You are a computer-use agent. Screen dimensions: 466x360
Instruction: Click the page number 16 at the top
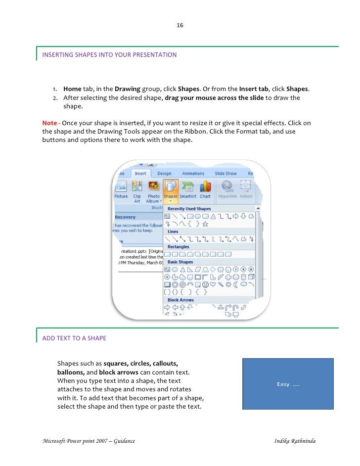180,25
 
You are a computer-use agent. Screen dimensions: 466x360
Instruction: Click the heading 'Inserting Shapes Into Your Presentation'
109,55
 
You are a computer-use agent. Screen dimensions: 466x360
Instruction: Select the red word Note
49,122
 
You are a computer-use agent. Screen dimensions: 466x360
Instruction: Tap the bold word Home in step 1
72,89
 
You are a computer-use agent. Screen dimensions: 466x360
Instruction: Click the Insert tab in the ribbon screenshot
140,174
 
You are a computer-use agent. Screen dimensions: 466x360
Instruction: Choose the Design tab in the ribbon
164,174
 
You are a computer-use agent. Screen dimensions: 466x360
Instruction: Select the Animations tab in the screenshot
193,174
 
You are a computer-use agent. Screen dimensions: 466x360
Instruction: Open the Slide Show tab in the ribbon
225,174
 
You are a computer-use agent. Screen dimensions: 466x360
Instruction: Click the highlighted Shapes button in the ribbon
171,190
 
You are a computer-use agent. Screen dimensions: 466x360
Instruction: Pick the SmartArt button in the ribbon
188,190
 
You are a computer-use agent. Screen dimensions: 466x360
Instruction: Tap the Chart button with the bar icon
205,190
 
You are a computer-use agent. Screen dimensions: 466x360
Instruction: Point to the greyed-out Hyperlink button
228,190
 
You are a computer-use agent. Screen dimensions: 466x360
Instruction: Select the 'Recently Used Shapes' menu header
189,209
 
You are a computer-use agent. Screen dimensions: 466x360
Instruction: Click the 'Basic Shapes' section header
180,262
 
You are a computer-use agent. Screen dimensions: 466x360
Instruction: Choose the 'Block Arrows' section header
180,300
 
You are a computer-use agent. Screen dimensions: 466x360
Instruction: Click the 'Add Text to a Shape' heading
74,338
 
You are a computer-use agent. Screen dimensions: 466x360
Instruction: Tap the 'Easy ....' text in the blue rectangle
288,384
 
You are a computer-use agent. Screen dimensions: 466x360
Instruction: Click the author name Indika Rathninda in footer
295,440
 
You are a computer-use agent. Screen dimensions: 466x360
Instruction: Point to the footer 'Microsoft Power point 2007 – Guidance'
89,440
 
